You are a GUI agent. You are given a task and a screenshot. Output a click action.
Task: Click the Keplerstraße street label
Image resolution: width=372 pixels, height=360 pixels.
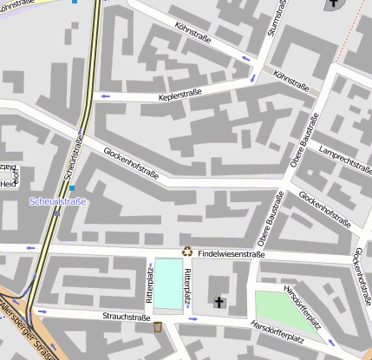coord(180,95)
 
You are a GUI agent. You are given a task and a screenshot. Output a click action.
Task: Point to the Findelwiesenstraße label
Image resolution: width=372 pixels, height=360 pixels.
coord(231,253)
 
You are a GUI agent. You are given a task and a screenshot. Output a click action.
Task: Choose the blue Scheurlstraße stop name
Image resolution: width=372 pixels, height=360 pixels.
coord(58,201)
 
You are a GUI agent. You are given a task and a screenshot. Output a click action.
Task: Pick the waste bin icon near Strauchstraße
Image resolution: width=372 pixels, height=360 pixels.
coord(157,327)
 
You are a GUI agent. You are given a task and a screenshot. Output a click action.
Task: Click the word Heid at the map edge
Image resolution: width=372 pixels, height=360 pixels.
coord(8,183)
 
